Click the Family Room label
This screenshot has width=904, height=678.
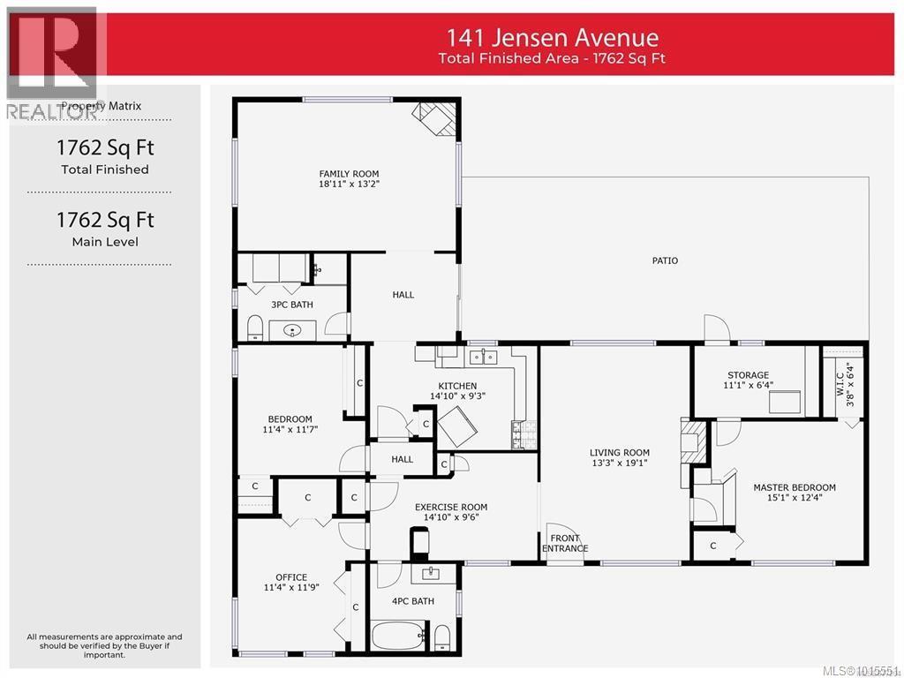pyautogui.click(x=349, y=174)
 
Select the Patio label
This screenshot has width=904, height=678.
pyautogui.click(x=665, y=260)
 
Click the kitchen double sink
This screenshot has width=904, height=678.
pyautogui.click(x=483, y=357)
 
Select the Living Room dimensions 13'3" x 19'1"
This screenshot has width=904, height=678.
pyautogui.click(x=620, y=463)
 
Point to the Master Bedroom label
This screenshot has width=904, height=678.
pyautogui.click(x=794, y=487)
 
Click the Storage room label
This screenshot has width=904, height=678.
pyautogui.click(x=748, y=375)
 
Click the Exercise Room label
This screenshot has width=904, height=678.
pyautogui.click(x=451, y=507)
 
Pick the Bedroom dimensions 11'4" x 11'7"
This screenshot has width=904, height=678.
pyautogui.click(x=290, y=429)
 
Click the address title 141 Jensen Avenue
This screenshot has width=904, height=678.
pyautogui.click(x=552, y=38)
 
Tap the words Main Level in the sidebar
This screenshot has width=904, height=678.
pyautogui.click(x=104, y=242)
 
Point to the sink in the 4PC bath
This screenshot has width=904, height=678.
pyautogui.click(x=432, y=574)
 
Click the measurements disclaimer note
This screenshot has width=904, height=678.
pyautogui.click(x=104, y=645)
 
